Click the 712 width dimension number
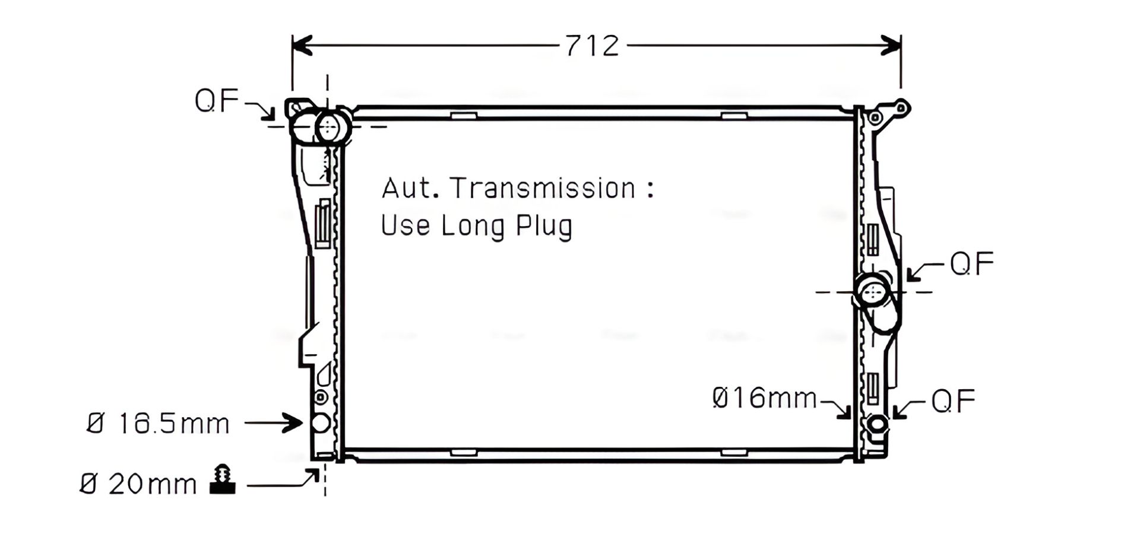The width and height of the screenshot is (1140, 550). [x=592, y=46]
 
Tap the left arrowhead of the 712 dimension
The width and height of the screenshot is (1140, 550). [x=302, y=45]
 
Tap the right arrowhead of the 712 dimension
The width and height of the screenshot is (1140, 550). [x=891, y=45]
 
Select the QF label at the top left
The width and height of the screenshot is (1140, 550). [x=217, y=100]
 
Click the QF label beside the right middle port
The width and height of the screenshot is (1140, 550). [x=972, y=263]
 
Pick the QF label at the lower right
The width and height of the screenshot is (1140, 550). [x=953, y=401]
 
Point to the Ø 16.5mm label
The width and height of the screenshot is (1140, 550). [x=158, y=424]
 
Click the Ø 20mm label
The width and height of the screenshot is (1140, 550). [x=138, y=484]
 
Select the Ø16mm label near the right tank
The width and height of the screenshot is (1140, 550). [x=765, y=398]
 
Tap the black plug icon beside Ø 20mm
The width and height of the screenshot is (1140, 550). [x=223, y=479]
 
